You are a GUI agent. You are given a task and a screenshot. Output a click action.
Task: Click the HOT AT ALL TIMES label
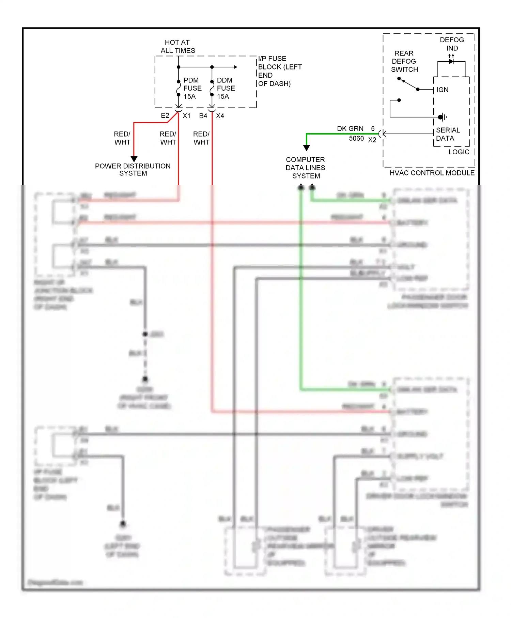[177, 47]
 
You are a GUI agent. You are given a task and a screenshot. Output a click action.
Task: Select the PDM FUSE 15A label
[192, 88]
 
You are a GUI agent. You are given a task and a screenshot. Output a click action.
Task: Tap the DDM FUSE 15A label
[226, 88]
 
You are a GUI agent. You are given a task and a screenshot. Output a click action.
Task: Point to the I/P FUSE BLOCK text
[279, 71]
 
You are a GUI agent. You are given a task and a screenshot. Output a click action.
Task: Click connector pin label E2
[165, 116]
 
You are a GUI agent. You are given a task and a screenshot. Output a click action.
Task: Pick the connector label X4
[220, 116]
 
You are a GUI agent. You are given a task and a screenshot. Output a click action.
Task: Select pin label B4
[203, 116]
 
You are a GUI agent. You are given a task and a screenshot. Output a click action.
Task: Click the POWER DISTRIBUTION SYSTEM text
[133, 170]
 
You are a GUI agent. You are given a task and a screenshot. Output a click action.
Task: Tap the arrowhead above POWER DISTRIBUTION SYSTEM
[134, 159]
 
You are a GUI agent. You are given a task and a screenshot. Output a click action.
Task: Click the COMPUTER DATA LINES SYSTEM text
[306, 168]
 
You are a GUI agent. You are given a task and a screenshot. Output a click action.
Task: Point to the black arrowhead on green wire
[307, 148]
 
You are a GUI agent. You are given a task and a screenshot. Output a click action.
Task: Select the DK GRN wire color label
[350, 129]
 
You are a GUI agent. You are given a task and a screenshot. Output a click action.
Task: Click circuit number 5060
[356, 139]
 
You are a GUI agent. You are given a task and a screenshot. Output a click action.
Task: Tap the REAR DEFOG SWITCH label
[404, 61]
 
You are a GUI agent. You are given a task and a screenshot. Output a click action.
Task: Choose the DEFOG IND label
[452, 44]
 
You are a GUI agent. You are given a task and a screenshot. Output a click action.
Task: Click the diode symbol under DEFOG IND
[451, 62]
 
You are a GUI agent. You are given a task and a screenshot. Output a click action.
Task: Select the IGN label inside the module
[443, 90]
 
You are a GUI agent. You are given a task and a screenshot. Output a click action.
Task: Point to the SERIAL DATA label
[448, 134]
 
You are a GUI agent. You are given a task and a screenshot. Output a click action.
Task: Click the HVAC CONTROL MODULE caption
[432, 173]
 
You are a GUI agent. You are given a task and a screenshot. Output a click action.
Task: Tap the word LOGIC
[459, 152]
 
